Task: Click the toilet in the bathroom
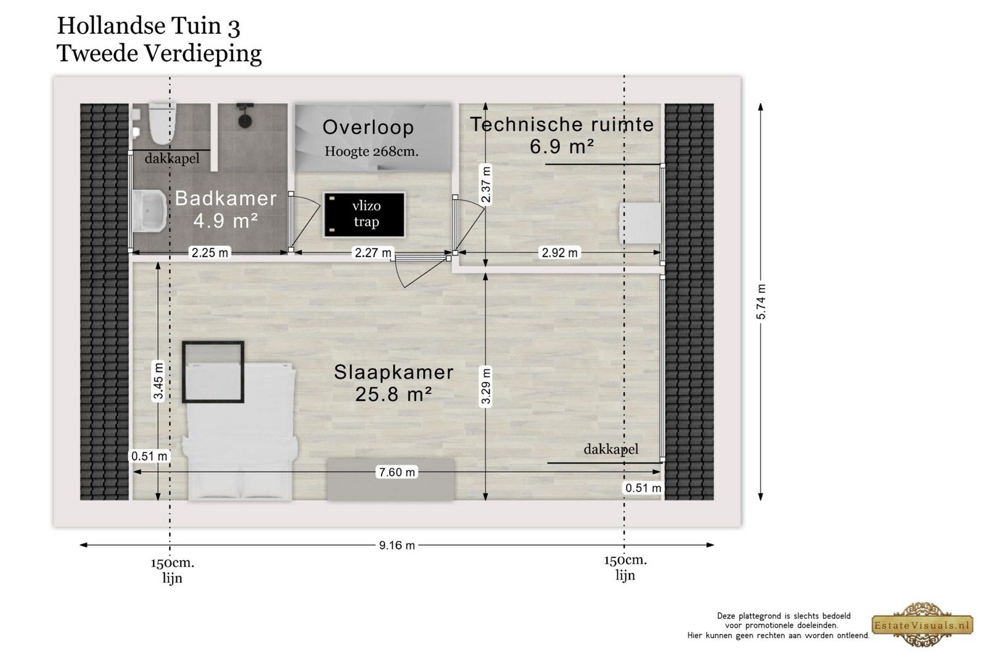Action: (x=162, y=123)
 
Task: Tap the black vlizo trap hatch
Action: (x=364, y=215)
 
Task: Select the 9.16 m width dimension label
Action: (x=397, y=545)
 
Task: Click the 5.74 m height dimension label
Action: (x=761, y=302)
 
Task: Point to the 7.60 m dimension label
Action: (x=397, y=472)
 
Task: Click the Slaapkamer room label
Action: (x=394, y=372)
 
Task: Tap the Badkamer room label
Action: (x=226, y=199)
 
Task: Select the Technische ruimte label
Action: (x=562, y=125)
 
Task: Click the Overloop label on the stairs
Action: (x=368, y=128)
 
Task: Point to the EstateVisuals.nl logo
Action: (x=922, y=625)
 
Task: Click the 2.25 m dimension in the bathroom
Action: (x=210, y=253)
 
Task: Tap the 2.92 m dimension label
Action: (x=560, y=253)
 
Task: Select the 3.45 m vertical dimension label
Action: (x=158, y=381)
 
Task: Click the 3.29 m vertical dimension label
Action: (x=486, y=386)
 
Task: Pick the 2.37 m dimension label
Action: (x=486, y=184)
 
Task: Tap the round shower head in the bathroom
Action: (x=244, y=121)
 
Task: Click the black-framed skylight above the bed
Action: (x=213, y=372)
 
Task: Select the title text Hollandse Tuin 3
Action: (x=149, y=26)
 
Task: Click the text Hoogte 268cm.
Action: (x=371, y=152)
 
